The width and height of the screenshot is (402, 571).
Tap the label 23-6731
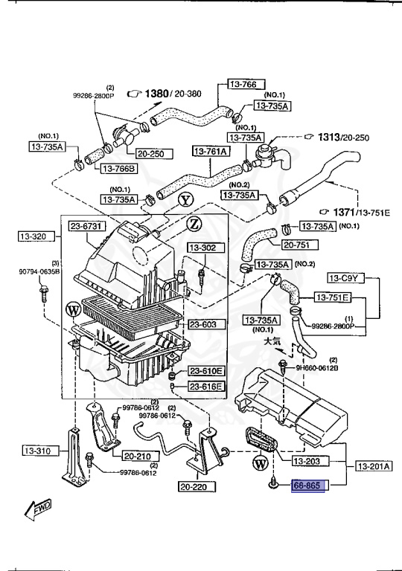(x=88, y=226)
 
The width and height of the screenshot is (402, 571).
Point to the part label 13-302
(x=201, y=248)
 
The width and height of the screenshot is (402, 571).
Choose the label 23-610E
(x=205, y=371)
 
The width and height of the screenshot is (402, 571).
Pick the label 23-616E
(x=205, y=386)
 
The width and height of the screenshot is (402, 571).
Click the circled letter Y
(x=185, y=199)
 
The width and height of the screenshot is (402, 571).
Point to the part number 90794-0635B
(x=39, y=271)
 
